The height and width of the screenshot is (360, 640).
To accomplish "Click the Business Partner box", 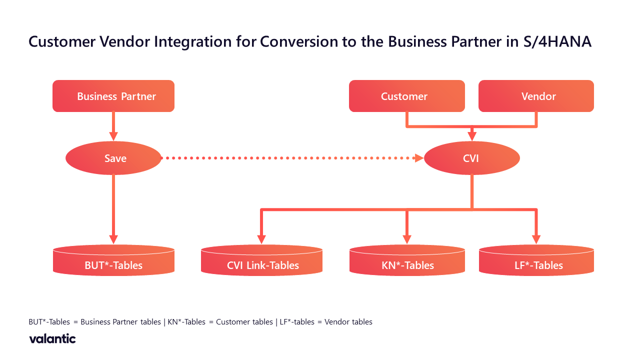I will point(113,96).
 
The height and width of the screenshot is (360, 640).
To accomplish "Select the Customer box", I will point(406,96).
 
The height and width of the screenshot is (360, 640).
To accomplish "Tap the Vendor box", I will point(536,96).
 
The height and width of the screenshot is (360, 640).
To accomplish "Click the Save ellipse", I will point(113,158).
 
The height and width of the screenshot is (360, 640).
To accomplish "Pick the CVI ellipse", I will point(471,158).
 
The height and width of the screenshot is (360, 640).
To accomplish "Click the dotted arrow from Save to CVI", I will point(290,158).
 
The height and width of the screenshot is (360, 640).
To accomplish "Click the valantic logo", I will point(52,339).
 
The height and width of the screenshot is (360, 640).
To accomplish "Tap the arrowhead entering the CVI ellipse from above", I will point(471,135).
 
